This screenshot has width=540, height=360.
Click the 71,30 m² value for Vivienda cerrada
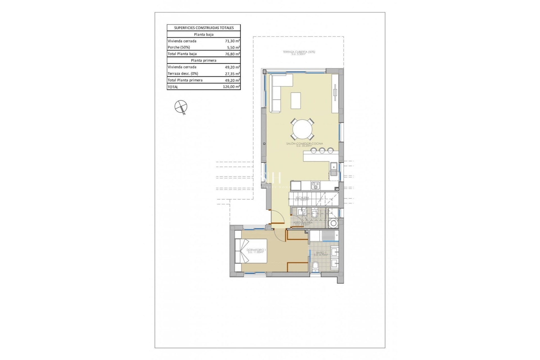(232, 41)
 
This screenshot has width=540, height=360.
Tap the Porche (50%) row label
(179, 47)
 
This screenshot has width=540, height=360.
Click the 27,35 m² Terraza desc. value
(232, 74)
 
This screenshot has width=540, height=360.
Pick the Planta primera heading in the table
(204, 60)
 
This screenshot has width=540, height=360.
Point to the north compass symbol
(181, 107)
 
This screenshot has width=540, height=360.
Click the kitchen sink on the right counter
(334, 169)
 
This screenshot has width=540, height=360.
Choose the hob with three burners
(315, 186)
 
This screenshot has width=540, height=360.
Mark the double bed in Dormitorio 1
(251, 251)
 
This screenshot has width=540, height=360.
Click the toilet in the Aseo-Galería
(314, 214)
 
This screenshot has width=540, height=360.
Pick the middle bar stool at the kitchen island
(322, 151)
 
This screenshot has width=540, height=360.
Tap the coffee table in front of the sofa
(296, 101)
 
